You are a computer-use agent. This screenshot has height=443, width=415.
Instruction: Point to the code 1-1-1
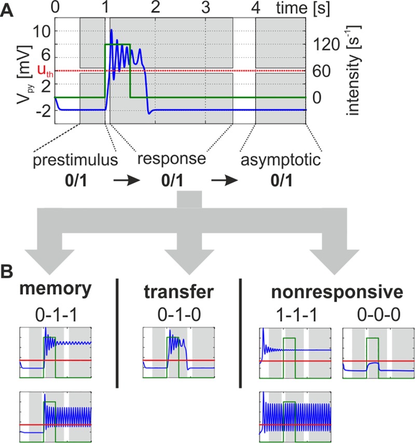tap(293, 313)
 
